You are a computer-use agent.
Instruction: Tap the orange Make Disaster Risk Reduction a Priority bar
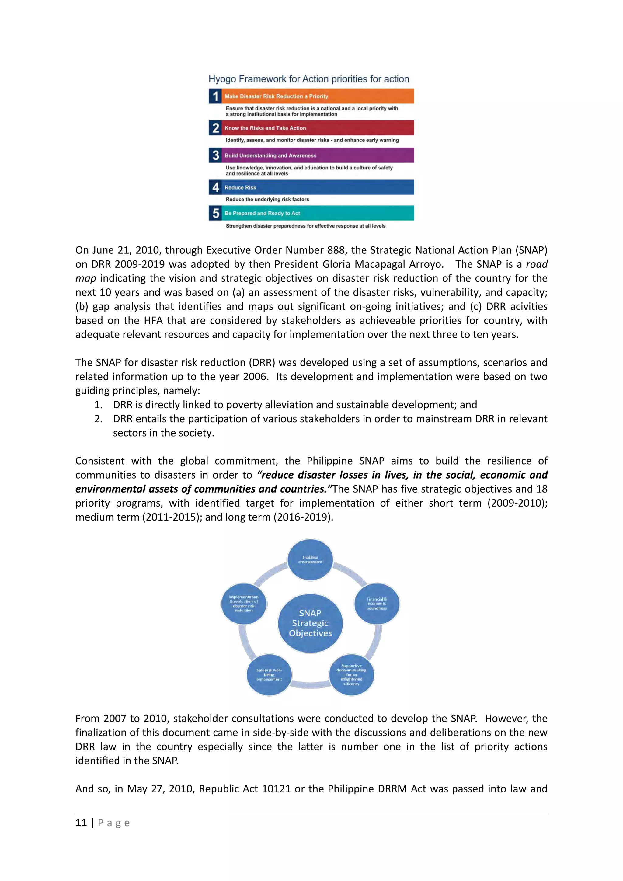[318, 96]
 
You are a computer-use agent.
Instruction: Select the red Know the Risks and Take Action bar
[318, 128]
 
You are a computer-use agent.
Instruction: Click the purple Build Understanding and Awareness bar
[318, 155]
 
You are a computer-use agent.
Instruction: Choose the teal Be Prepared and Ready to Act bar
[318, 213]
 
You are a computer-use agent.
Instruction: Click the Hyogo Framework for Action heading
[308, 79]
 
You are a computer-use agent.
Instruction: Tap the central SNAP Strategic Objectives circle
[310, 623]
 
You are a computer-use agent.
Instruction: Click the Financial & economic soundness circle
[377, 604]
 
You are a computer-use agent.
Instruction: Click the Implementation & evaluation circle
[244, 604]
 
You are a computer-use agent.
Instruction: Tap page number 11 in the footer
[81, 823]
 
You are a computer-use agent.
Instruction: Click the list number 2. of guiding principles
[99, 419]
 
